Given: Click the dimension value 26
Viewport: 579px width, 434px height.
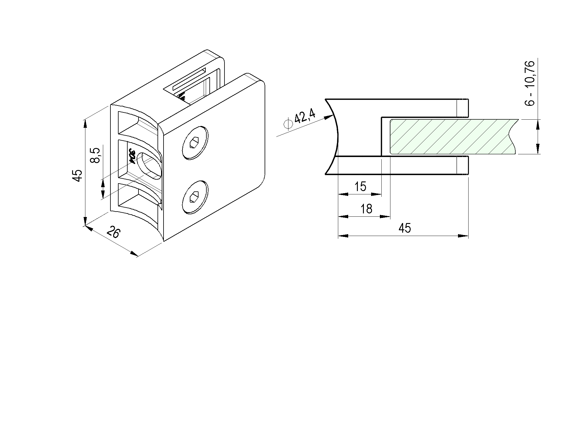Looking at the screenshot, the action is coord(114,232).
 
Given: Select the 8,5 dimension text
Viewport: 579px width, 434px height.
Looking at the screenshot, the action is coord(95,155).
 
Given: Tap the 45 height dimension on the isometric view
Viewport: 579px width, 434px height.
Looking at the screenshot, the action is coord(78,175).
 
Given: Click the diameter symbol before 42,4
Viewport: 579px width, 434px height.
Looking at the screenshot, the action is coord(288,124).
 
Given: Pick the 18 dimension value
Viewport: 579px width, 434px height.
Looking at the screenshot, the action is coord(366,209).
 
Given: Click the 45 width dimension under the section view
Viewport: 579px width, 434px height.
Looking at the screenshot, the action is coord(405,228).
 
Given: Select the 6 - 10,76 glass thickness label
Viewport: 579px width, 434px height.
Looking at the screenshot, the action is coord(530,83).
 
